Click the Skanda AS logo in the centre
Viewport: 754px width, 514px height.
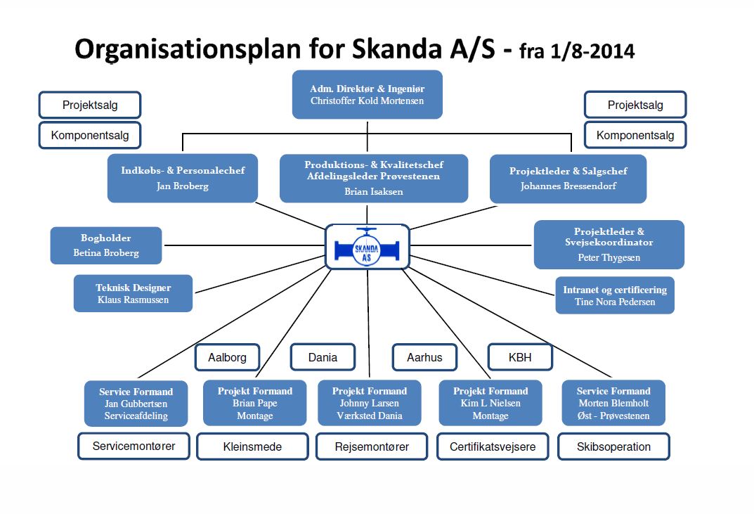tap(368, 246)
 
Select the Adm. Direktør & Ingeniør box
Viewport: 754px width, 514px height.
tap(368, 94)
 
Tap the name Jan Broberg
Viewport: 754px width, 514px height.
tap(183, 186)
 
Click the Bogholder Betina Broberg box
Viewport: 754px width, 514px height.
tap(106, 245)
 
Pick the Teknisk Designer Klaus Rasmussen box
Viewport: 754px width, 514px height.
tap(134, 294)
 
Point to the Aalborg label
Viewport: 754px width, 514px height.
tap(227, 358)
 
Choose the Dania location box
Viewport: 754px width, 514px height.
tap(323, 357)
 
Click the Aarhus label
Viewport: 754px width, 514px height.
tap(424, 358)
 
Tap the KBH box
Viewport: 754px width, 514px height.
tap(520, 357)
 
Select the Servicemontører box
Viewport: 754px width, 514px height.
tap(134, 446)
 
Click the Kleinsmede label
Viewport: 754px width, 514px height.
tap(252, 447)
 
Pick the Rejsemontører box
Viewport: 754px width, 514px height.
tap(372, 446)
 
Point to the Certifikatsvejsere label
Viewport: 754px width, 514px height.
tap(493, 447)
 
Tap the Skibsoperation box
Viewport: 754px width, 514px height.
tap(613, 446)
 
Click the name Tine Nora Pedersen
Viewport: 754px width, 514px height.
tap(615, 302)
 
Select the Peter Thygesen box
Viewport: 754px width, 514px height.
tap(609, 245)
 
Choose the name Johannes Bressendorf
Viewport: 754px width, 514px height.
tap(568, 186)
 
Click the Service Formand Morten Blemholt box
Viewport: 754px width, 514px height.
tap(613, 404)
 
